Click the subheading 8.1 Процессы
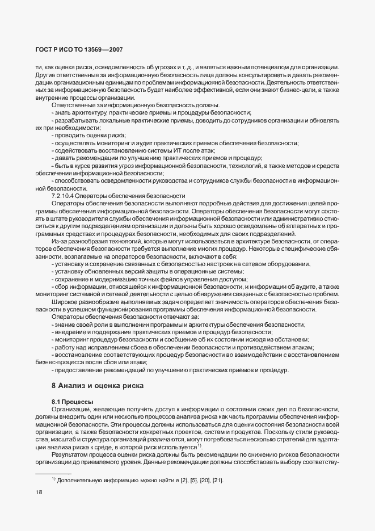tap(72, 402)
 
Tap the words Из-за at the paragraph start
tap(59, 242)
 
